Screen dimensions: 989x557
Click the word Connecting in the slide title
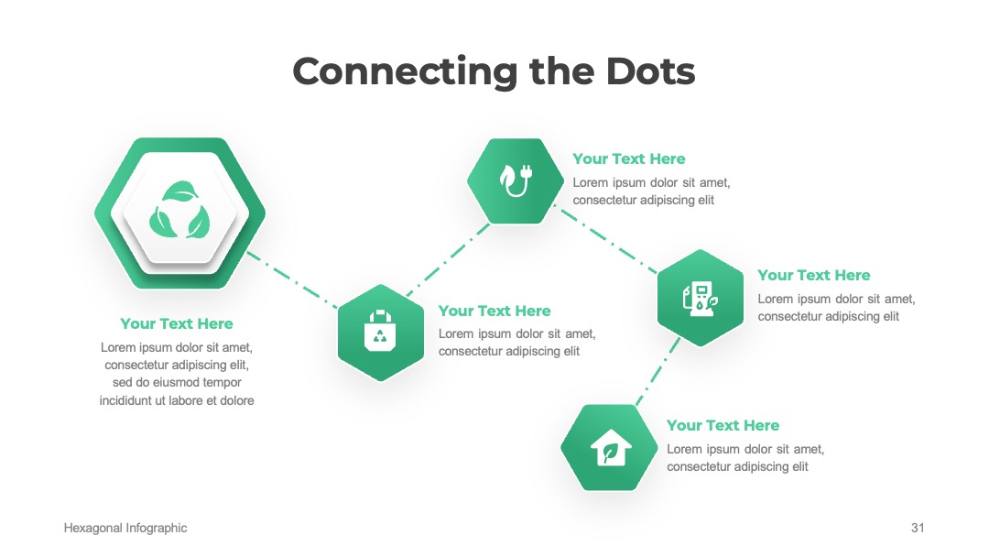[406, 72]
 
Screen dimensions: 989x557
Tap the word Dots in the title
[650, 71]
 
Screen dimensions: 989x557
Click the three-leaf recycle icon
[179, 211]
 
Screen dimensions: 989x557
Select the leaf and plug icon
[516, 180]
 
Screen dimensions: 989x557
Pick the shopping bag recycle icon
[380, 331]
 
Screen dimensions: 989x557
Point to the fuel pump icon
[700, 299]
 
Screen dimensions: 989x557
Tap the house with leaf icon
[611, 448]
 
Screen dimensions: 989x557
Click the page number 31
[918, 528]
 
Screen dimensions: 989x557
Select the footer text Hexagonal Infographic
[125, 528]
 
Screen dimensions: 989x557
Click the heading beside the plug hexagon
[629, 159]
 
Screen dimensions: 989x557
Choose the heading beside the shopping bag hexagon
[494, 311]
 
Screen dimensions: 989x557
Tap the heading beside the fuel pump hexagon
[814, 275]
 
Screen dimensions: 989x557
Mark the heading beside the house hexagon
[723, 425]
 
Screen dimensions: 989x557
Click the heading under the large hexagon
[177, 323]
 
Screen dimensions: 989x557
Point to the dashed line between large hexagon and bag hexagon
[293, 280]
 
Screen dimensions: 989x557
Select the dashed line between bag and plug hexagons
[448, 260]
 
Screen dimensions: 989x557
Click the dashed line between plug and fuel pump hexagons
[608, 241]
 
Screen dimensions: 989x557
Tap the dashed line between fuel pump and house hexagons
[658, 371]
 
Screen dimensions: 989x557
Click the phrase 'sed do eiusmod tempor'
[177, 382]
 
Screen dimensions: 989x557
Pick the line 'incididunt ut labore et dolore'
[177, 400]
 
